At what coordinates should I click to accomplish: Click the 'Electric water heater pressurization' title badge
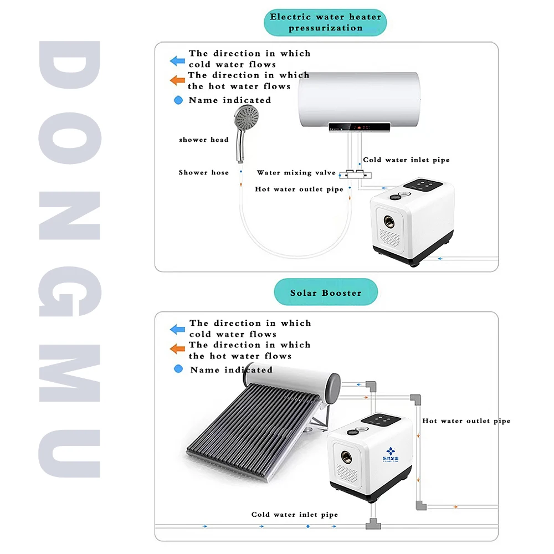tap(325, 22)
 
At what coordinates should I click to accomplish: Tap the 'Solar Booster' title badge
tap(326, 293)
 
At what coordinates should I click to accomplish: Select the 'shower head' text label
tap(204, 140)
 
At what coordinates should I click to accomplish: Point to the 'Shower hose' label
tap(203, 172)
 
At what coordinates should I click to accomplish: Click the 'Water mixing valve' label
tap(296, 173)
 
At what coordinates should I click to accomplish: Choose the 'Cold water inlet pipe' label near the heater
tap(406, 160)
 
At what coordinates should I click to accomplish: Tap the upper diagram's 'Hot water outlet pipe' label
tap(299, 189)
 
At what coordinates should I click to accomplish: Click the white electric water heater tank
tap(360, 100)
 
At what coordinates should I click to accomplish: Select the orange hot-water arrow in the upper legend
tap(177, 81)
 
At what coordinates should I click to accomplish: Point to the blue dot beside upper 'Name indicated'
tap(178, 100)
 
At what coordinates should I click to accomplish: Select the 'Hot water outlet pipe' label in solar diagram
tap(466, 421)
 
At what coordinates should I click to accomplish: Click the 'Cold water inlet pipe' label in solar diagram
tap(294, 515)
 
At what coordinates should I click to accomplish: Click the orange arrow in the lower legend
tap(177, 349)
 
